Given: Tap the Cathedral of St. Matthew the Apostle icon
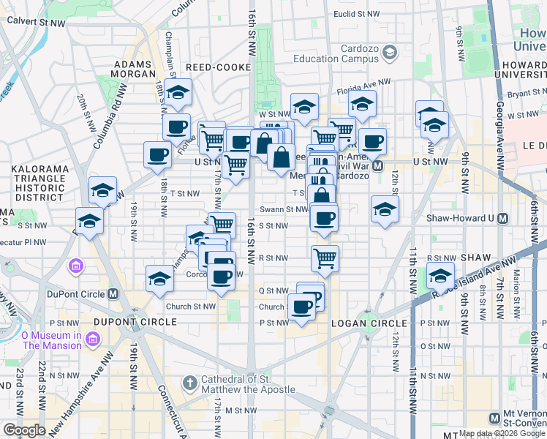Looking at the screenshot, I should point(190,383).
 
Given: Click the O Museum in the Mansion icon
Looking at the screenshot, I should point(93,340).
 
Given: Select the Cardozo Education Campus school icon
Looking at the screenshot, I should point(389,51).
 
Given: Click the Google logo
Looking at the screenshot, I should point(24,430).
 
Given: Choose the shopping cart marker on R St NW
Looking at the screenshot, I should point(325,258).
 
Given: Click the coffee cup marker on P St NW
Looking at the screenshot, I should point(301,307).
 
